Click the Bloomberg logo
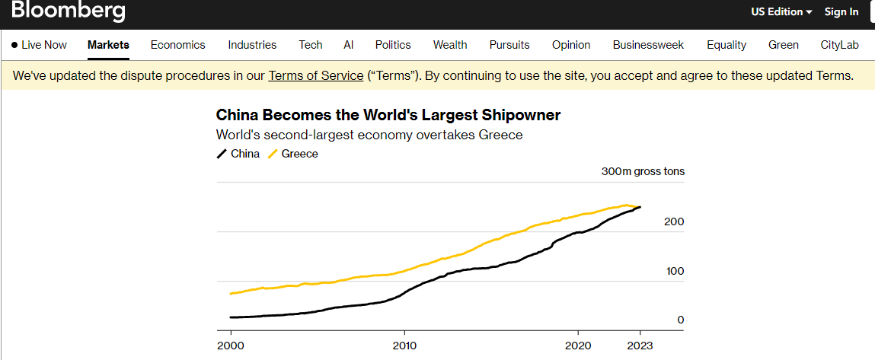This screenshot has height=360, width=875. coord(69,11)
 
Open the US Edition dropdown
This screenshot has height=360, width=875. coord(781,11)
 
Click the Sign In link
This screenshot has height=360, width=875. coord(841,11)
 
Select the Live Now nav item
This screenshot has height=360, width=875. coord(39,45)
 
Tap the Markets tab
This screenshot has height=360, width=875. coord(108,45)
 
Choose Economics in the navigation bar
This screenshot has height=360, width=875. coord(177,45)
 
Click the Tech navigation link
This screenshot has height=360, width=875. coord(310,45)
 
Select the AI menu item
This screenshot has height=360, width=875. coord(348,45)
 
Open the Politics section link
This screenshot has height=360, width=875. coord(392,45)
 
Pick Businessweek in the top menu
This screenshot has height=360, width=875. coord(648,45)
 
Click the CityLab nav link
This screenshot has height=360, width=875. coord(839,45)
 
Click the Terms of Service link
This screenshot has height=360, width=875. coord(315,76)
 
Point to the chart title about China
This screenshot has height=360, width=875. coord(388,116)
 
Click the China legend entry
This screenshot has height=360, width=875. coord(238,154)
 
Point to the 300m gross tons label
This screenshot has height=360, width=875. coord(643,171)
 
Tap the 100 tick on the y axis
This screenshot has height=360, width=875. coord(675,271)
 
